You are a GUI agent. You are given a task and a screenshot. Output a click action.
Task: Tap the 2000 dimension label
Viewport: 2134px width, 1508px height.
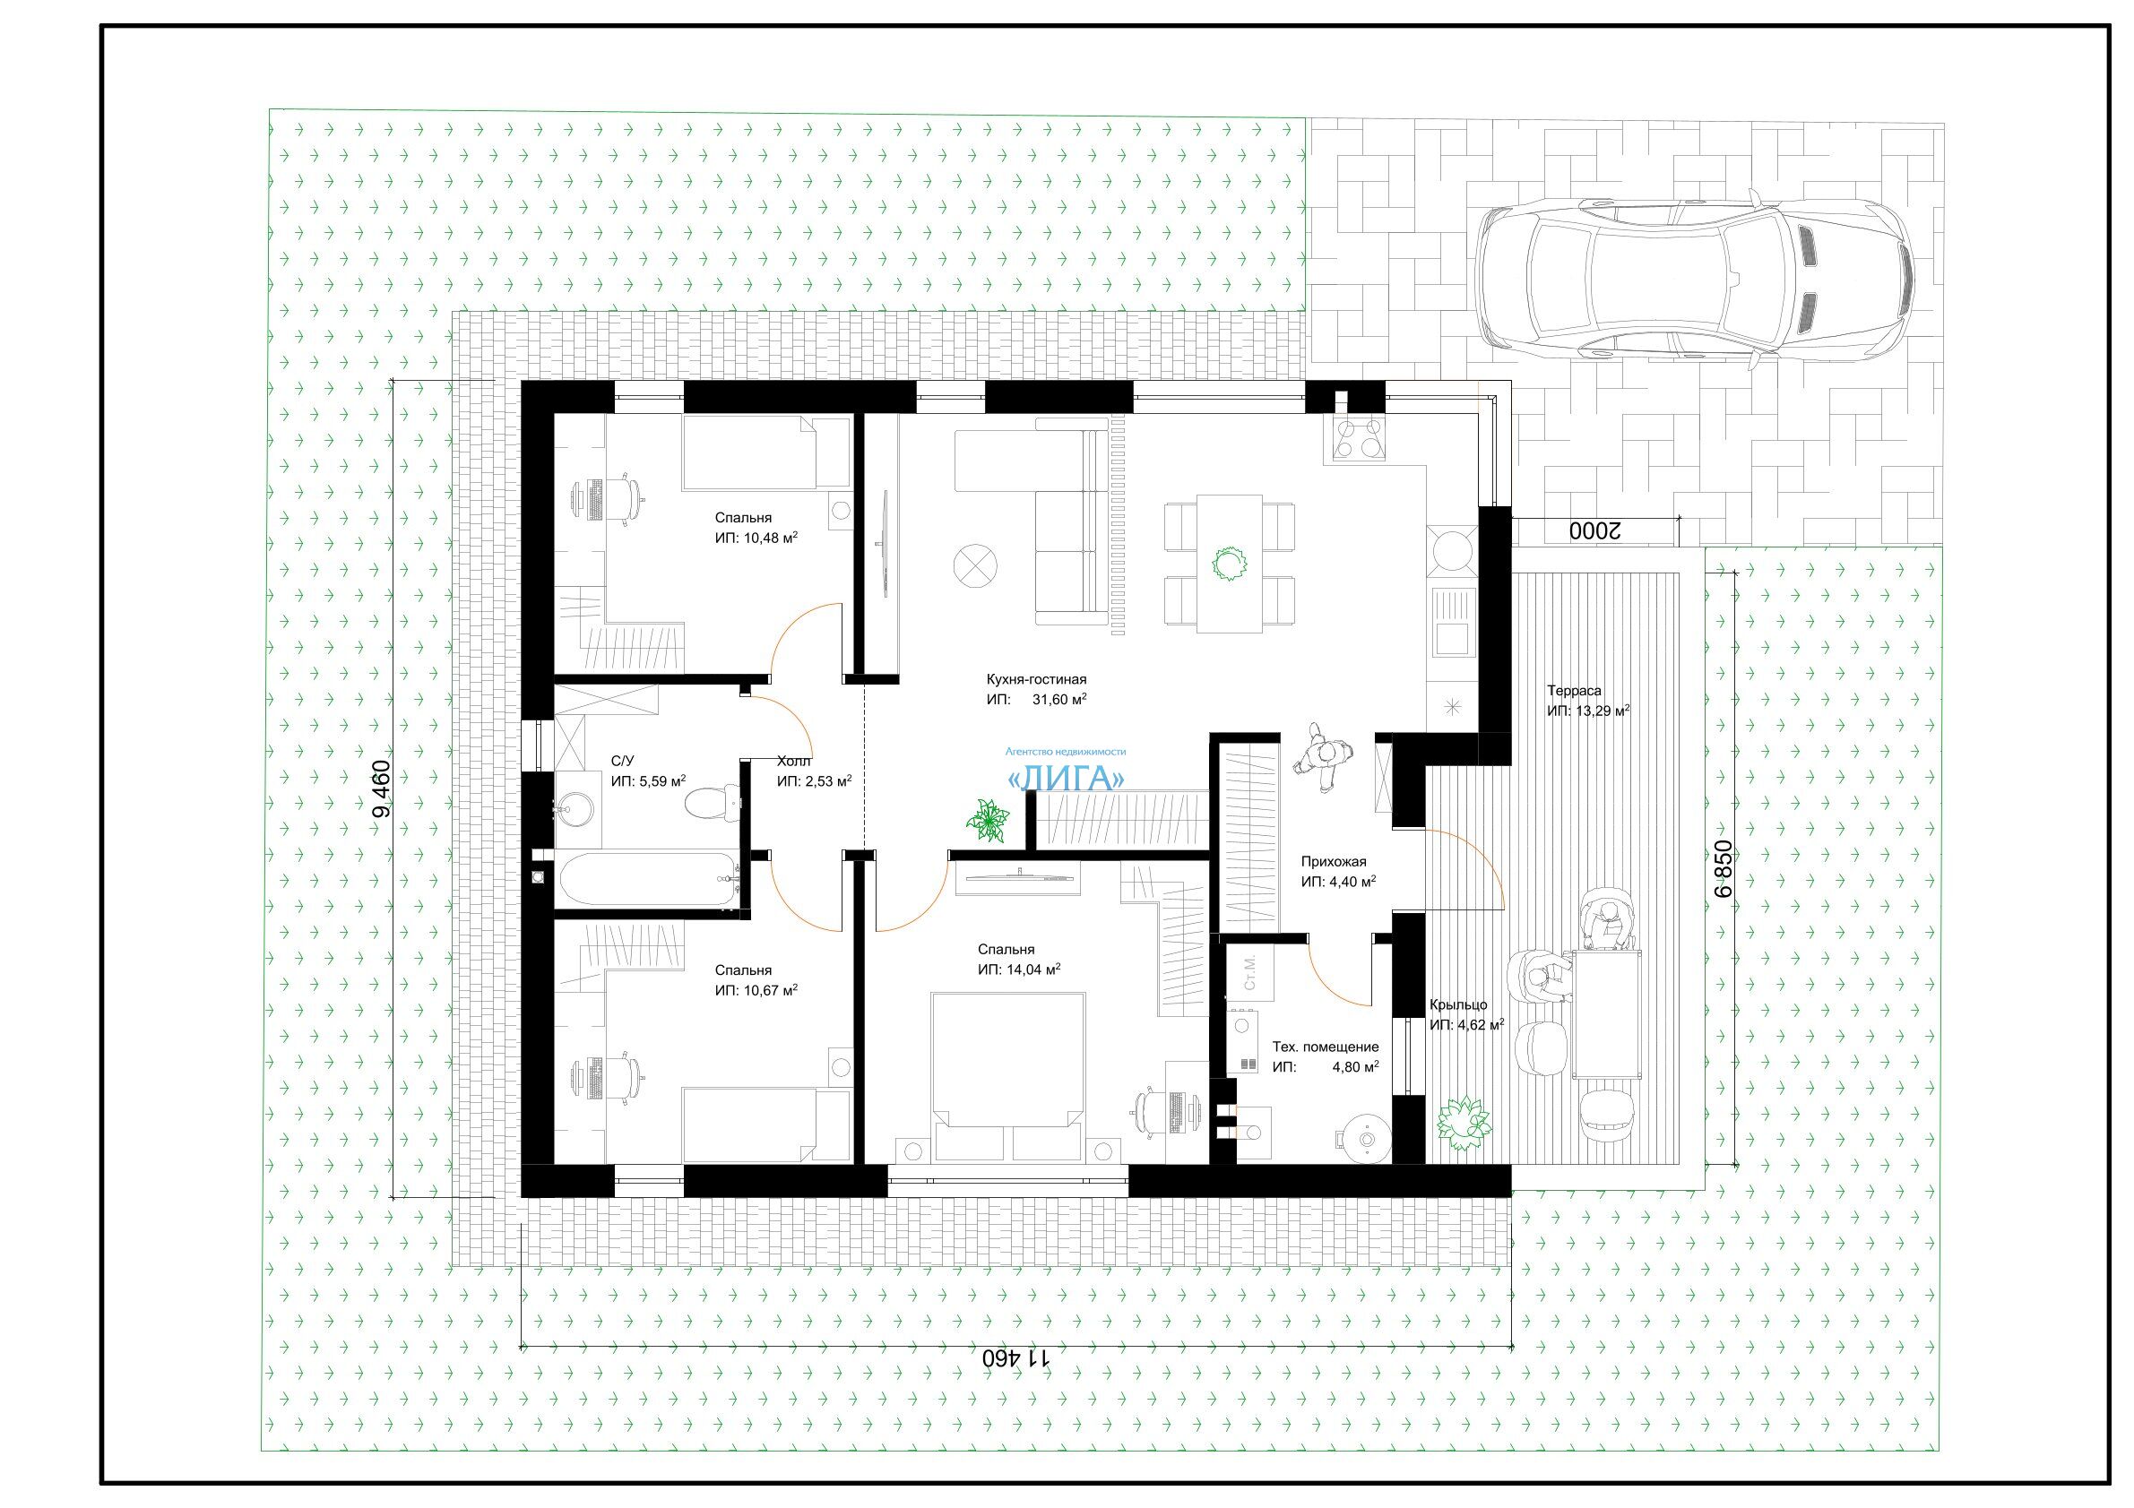pyautogui.click(x=1595, y=530)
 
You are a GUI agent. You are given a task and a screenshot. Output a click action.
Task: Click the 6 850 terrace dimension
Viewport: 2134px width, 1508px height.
pyautogui.click(x=1723, y=869)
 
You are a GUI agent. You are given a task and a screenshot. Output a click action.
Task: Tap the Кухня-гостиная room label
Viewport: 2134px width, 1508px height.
pyautogui.click(x=1036, y=679)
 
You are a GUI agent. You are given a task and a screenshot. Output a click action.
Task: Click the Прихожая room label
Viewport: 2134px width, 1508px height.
pyautogui.click(x=1334, y=861)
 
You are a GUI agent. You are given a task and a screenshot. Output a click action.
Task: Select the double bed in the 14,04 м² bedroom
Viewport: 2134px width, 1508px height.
pyautogui.click(x=1008, y=1075)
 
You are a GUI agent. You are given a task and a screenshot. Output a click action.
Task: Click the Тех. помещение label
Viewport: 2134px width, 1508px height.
pyautogui.click(x=1326, y=1047)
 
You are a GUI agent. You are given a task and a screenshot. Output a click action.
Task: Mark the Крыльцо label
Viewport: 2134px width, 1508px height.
pyautogui.click(x=1458, y=1004)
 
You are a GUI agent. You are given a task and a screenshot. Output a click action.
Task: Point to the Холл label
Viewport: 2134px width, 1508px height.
pyautogui.click(x=794, y=761)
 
